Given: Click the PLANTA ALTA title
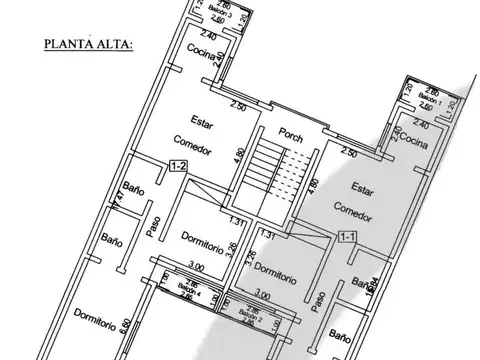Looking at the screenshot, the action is point(88,44).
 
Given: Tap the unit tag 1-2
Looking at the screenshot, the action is point(179,166).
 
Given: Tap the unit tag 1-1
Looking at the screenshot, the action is point(348,237).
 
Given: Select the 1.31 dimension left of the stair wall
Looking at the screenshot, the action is point(236,222).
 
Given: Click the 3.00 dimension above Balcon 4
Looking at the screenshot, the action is point(197,267).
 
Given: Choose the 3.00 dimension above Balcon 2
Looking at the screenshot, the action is point(262,296).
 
